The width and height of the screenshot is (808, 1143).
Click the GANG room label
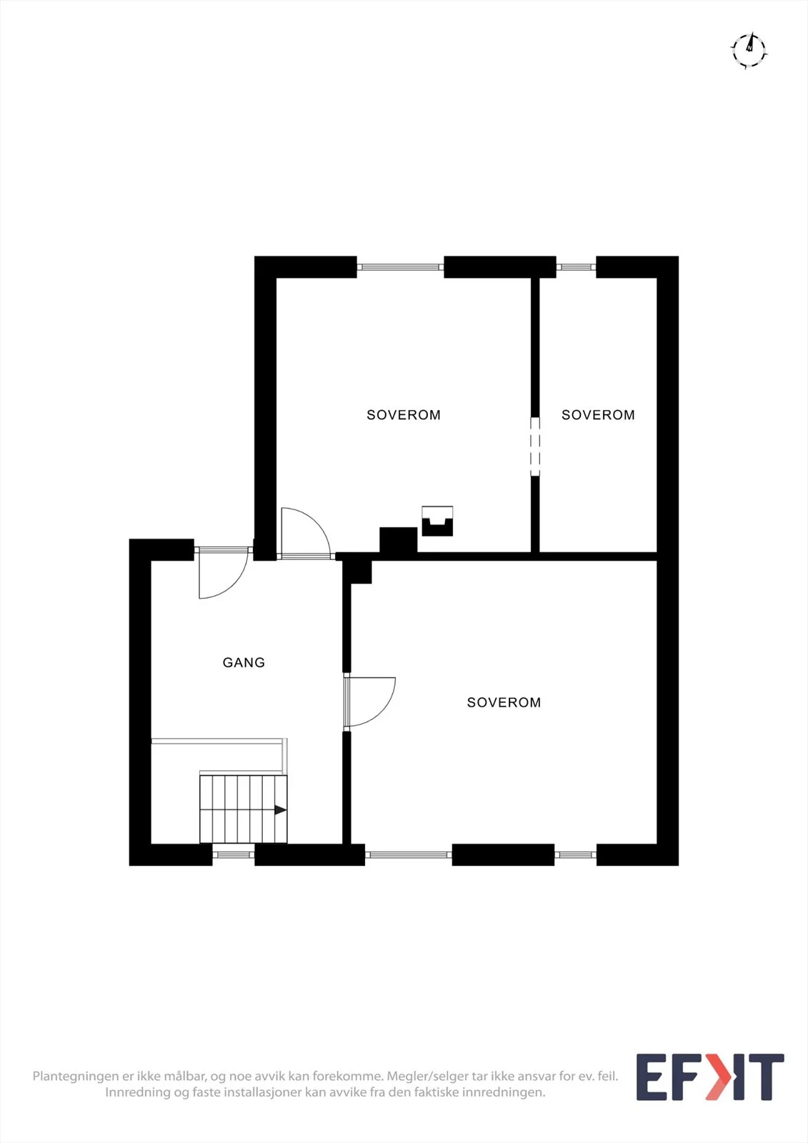coord(244,662)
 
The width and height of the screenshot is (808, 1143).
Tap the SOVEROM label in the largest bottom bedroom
coord(504,703)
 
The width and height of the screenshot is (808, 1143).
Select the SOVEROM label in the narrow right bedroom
coord(598,415)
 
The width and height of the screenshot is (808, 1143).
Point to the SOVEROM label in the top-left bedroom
coord(403,415)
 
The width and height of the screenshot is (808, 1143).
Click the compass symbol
coord(749,50)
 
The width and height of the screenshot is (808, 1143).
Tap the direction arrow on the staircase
coord(280,810)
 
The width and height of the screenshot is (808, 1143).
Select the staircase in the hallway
coord(243,809)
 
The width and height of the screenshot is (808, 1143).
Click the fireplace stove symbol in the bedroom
coord(437,521)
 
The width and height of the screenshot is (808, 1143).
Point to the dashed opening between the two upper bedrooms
coord(535,447)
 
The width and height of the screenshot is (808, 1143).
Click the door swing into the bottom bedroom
coord(369,702)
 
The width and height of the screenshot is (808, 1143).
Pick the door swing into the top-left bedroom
coord(305,533)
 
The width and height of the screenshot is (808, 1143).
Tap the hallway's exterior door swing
coord(223,573)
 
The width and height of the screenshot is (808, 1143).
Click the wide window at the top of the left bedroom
coord(400,267)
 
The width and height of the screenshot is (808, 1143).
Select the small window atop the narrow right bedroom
coord(576,267)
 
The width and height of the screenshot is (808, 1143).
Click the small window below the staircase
coord(234,854)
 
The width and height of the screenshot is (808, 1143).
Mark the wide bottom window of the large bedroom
coord(409,854)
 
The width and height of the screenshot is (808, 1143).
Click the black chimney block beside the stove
coord(398,540)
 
